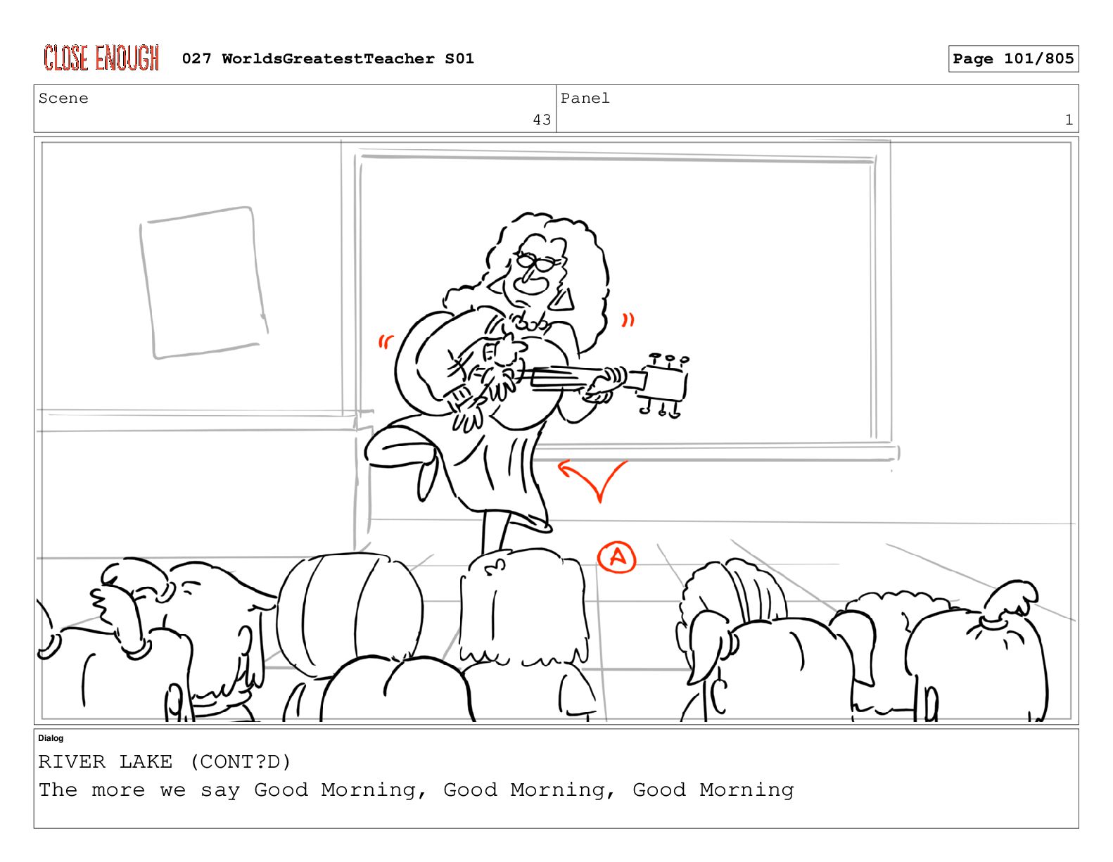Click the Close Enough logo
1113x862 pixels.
pyautogui.click(x=101, y=57)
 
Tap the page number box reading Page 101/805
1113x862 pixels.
pyautogui.click(x=1012, y=58)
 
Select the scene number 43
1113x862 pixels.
pyautogui.click(x=542, y=120)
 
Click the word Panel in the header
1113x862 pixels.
pyautogui.click(x=585, y=98)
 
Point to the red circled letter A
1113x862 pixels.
pyautogui.click(x=616, y=557)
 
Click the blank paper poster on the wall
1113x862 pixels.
pyautogui.click(x=203, y=282)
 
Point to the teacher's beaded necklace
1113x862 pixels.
pyautogui.click(x=530, y=323)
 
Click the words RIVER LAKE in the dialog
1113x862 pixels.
pyautogui.click(x=105, y=761)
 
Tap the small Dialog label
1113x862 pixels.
pyautogui.click(x=51, y=738)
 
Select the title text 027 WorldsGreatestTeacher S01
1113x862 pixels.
pyautogui.click(x=328, y=58)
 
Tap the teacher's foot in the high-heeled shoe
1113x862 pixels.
pyautogui.click(x=426, y=479)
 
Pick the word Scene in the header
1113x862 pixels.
pyautogui.click(x=63, y=98)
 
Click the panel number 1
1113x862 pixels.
pyautogui.click(x=1069, y=120)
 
